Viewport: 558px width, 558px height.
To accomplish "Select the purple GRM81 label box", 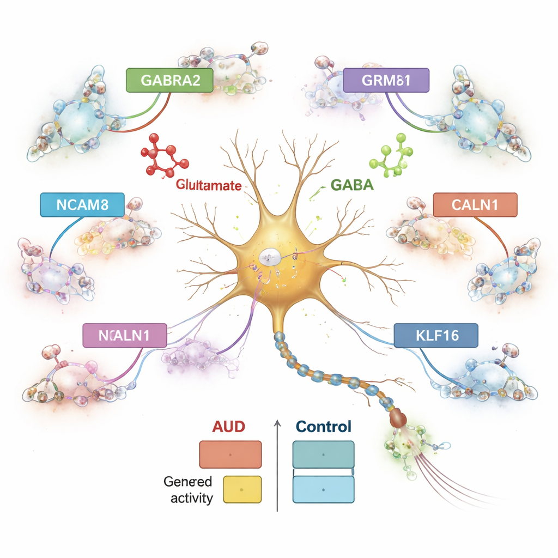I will pyautogui.click(x=386, y=81).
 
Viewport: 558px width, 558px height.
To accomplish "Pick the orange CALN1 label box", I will pyautogui.click(x=475, y=205).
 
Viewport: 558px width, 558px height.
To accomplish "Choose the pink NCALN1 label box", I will pyautogui.click(x=124, y=335).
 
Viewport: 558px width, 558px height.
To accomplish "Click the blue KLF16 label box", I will pyautogui.click(x=435, y=335).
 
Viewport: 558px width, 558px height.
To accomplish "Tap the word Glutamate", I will pyautogui.click(x=209, y=185).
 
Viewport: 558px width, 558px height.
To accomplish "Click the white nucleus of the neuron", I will pyautogui.click(x=269, y=257).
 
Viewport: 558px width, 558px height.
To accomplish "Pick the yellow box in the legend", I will pyautogui.click(x=242, y=489).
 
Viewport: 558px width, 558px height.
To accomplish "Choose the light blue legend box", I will pyautogui.click(x=323, y=489).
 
